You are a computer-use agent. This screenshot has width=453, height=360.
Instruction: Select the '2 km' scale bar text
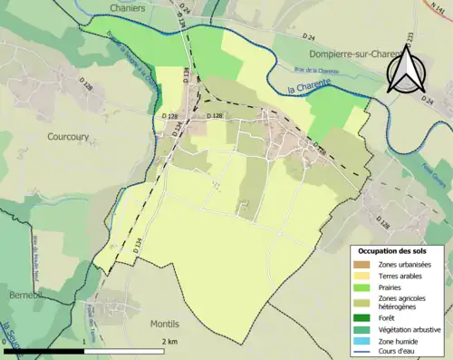pos(169,341)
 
